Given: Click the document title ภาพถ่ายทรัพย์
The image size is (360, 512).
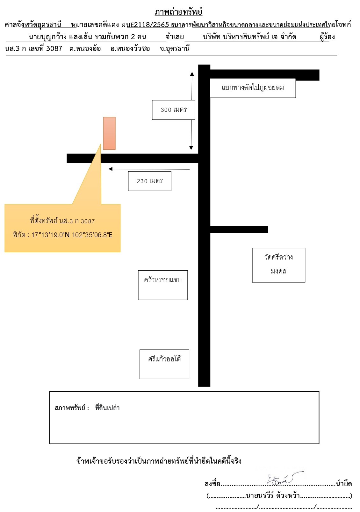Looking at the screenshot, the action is [178, 11].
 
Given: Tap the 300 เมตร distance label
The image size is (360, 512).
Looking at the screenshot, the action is [174, 110].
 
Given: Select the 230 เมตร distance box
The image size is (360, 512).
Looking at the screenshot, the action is [150, 181].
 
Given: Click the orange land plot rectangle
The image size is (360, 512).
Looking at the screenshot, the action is [109, 133].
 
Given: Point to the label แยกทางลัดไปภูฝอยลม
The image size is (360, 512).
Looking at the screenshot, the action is [253, 88].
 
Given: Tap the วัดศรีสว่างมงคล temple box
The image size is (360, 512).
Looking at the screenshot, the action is [278, 265].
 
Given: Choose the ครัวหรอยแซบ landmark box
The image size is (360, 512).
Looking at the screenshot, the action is [163, 285].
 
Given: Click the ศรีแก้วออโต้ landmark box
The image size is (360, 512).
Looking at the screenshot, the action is [164, 364].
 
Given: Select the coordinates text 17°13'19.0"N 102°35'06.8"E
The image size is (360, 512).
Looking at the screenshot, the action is [72, 235].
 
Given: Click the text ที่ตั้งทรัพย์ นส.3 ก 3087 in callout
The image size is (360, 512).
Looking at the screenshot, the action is [62, 221].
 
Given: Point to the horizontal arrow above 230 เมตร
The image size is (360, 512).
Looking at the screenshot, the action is [149, 169].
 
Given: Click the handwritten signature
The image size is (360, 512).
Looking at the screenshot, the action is [285, 478].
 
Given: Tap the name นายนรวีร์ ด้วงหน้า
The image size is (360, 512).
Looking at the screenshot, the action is [273, 495].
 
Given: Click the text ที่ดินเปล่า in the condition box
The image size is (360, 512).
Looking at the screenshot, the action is [107, 408].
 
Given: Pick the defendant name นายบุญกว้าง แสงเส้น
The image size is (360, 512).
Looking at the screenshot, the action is [61, 37].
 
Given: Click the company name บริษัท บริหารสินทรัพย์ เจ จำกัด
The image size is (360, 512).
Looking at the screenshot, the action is [249, 37].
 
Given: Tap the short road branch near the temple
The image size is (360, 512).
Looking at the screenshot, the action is [239, 229].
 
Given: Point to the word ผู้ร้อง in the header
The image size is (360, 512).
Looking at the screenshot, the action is [327, 37].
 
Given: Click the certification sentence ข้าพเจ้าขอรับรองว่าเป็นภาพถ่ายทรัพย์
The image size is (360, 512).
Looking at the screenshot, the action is [132, 460].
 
